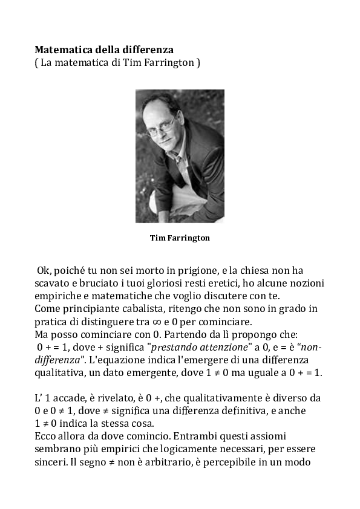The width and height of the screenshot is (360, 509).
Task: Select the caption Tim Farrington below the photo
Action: tap(180, 238)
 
